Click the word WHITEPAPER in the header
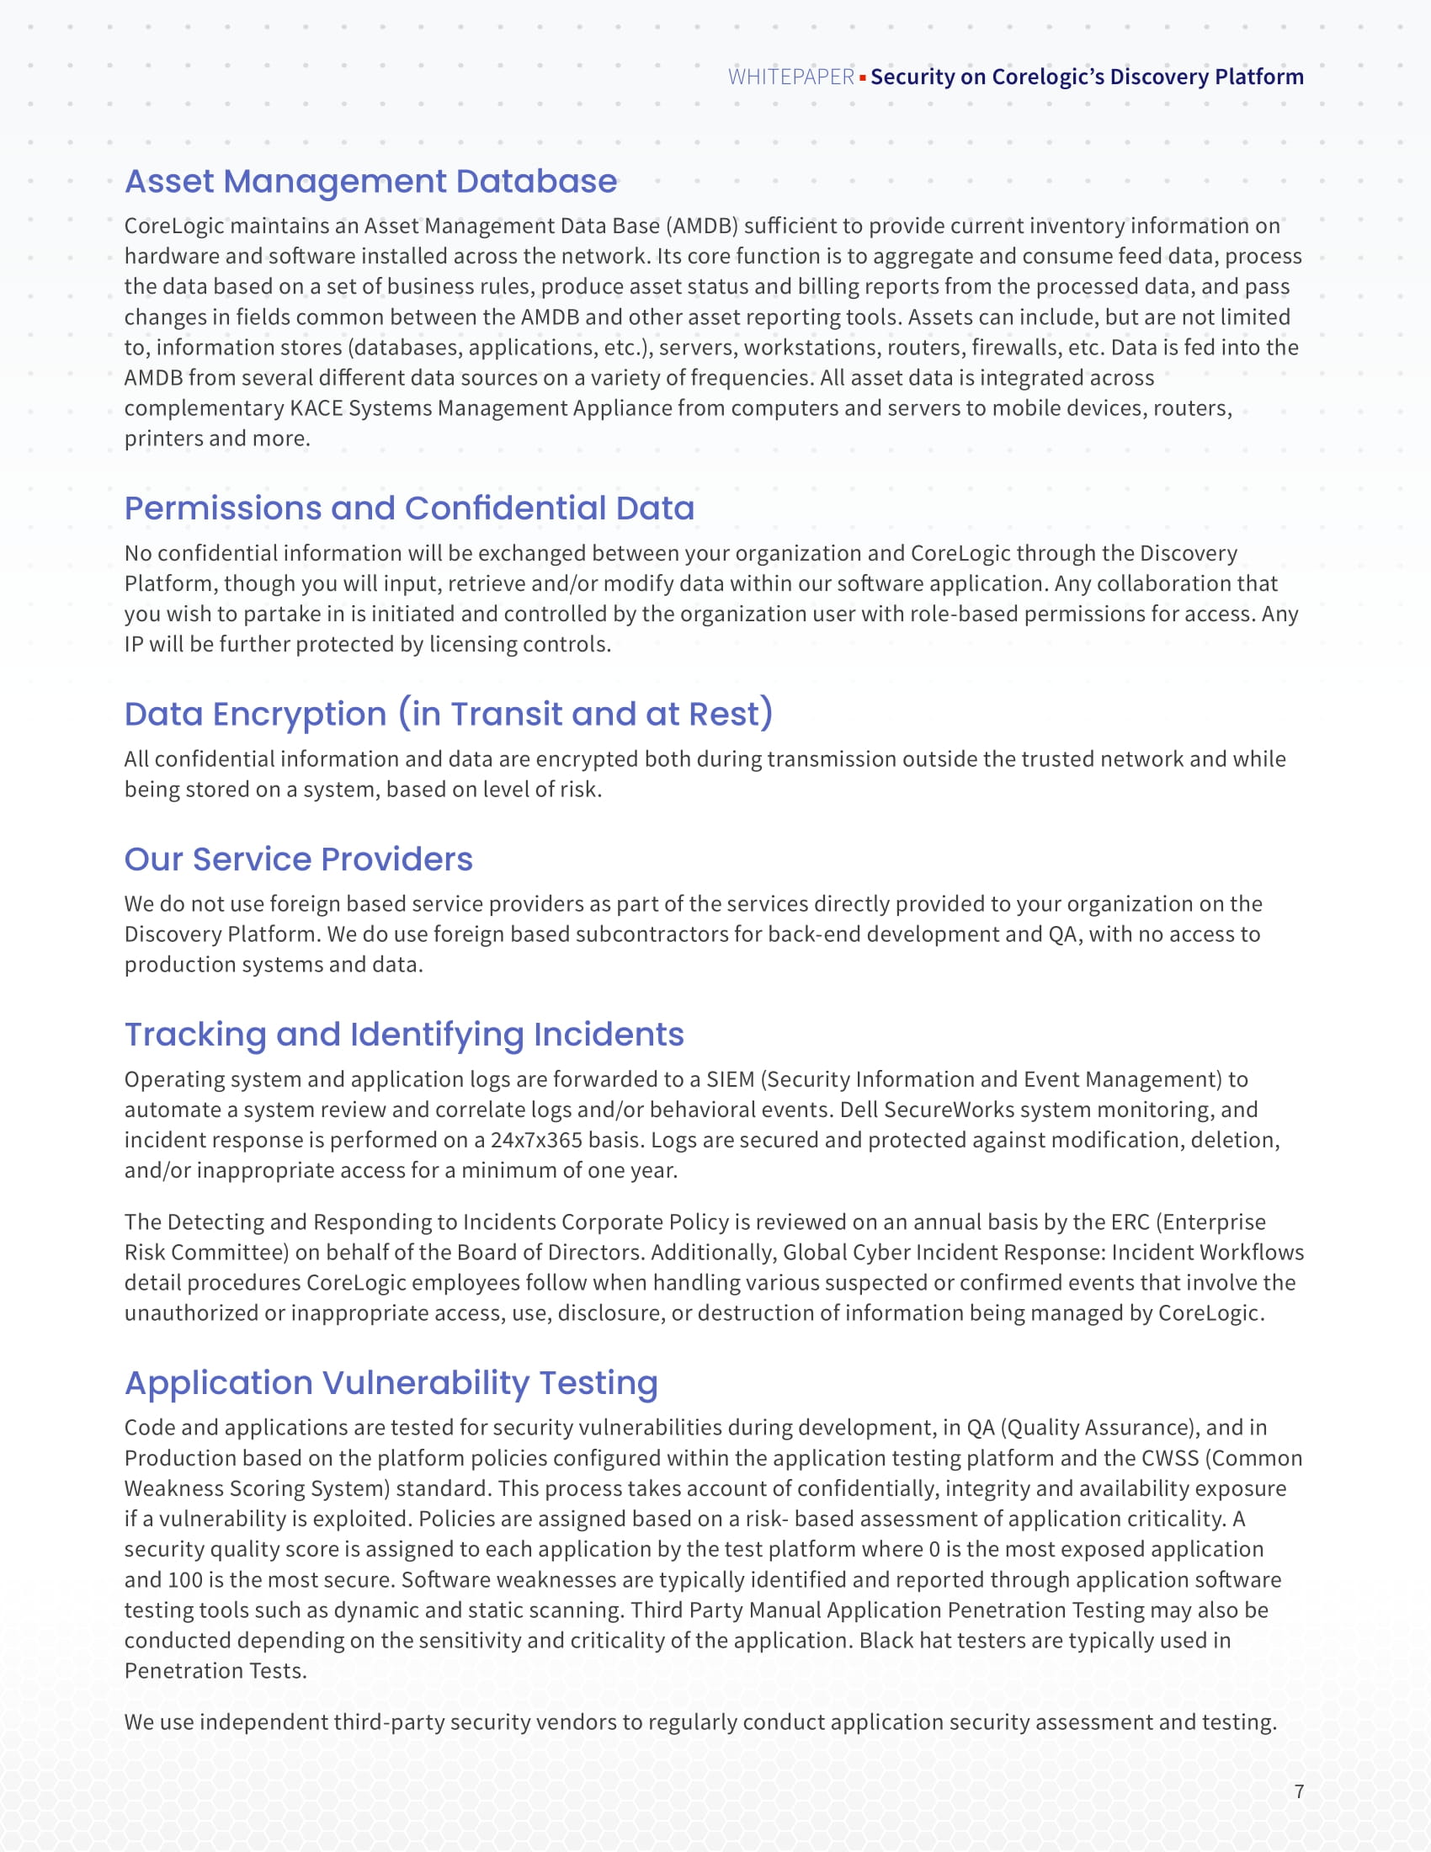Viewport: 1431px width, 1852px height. click(790, 77)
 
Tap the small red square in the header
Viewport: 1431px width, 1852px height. click(862, 78)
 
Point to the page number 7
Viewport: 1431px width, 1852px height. click(1299, 1791)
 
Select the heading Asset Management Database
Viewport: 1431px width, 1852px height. click(370, 182)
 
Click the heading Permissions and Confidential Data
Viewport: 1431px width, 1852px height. click(408, 508)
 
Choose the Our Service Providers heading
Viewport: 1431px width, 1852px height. click(299, 859)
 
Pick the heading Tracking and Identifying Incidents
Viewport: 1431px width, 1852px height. click(403, 1035)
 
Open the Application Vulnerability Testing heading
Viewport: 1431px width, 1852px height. click(391, 1383)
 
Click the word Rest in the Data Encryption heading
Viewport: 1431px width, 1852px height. click(723, 714)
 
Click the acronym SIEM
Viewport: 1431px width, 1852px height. click(730, 1079)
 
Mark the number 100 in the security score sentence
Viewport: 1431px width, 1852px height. click(184, 1580)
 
